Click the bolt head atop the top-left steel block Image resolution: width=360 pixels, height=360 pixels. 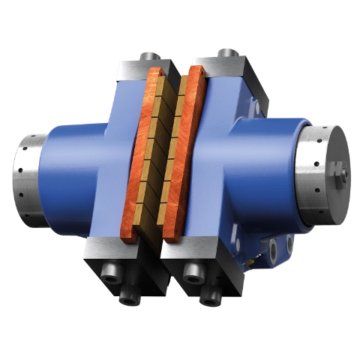click(x=150, y=55)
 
